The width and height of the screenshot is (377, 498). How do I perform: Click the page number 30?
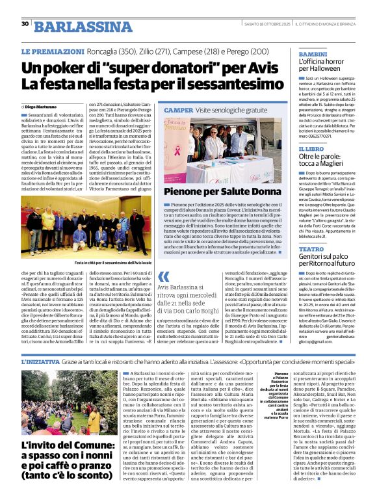25,23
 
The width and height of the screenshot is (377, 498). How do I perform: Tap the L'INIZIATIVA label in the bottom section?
42,361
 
